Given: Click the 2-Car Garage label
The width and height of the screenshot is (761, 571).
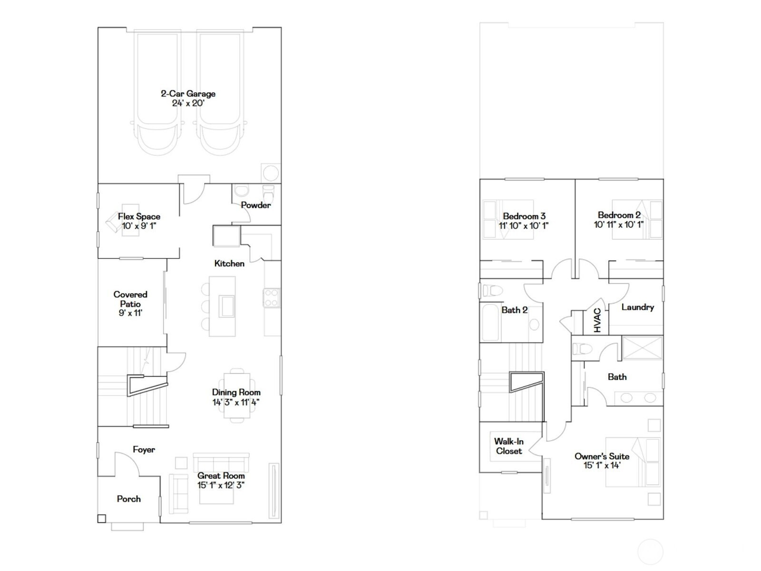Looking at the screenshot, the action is click(x=188, y=94).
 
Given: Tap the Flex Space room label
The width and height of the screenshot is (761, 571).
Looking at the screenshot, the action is click(x=139, y=217).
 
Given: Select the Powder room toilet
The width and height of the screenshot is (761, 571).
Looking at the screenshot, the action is click(x=269, y=194).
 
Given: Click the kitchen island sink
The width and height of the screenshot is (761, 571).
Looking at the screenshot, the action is click(x=227, y=306).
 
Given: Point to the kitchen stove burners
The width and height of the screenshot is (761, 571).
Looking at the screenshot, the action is click(x=271, y=298).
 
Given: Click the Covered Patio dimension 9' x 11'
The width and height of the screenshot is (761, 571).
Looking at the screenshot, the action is click(x=130, y=313).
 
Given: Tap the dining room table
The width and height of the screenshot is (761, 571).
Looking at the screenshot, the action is click(x=237, y=395).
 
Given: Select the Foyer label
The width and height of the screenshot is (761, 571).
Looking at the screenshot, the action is click(x=144, y=449).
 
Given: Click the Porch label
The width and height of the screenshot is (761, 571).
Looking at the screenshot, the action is click(x=128, y=499).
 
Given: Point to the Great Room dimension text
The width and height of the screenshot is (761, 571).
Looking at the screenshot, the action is click(x=221, y=485).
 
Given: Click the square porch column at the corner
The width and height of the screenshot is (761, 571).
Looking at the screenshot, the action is click(x=102, y=519).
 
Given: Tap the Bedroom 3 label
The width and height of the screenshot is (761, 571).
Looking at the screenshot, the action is click(x=524, y=216).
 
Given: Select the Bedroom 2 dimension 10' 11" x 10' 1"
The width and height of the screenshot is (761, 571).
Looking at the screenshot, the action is click(x=619, y=225).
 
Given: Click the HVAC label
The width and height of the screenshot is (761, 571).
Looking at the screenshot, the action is click(x=597, y=320).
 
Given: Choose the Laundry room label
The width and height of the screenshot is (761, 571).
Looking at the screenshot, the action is click(x=638, y=307).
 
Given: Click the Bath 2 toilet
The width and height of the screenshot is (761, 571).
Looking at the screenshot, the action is click(x=492, y=290).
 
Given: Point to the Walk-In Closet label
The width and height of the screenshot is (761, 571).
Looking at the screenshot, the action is click(x=508, y=446).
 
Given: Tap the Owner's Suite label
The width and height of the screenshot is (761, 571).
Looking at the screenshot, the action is click(x=602, y=456).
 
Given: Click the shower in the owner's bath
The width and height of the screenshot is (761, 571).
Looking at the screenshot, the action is click(x=642, y=348).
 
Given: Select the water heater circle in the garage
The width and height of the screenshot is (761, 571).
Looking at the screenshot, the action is click(x=271, y=173).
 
